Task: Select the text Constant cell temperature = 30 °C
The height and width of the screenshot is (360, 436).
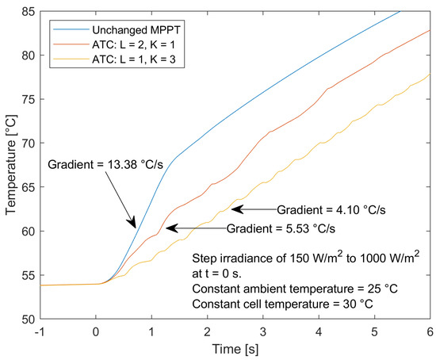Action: point(296,304)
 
